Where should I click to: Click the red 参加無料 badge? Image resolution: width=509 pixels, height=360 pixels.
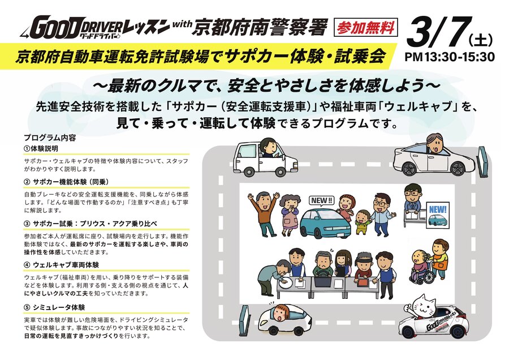coord(366,27)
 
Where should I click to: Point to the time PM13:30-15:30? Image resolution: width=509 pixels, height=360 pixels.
coord(450,57)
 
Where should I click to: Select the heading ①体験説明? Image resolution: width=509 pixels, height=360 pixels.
coord(41,148)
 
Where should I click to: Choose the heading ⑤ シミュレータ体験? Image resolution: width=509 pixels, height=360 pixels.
coord(54,307)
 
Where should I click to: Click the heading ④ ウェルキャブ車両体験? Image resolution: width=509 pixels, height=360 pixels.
coord(61,265)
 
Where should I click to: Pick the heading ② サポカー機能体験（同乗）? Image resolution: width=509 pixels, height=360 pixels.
coord(66,182)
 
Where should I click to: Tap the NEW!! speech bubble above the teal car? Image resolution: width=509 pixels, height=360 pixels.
coord(321,201)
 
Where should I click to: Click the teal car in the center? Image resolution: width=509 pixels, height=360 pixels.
coord(326,222)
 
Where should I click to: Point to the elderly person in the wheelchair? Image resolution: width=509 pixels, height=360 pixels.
coord(421,267)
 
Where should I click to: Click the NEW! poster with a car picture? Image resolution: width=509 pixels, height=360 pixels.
coord(438,216)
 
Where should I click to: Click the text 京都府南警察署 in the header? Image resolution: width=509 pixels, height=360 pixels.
coord(259,27)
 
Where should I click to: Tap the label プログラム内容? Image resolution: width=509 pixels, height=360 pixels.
coord(50,138)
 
